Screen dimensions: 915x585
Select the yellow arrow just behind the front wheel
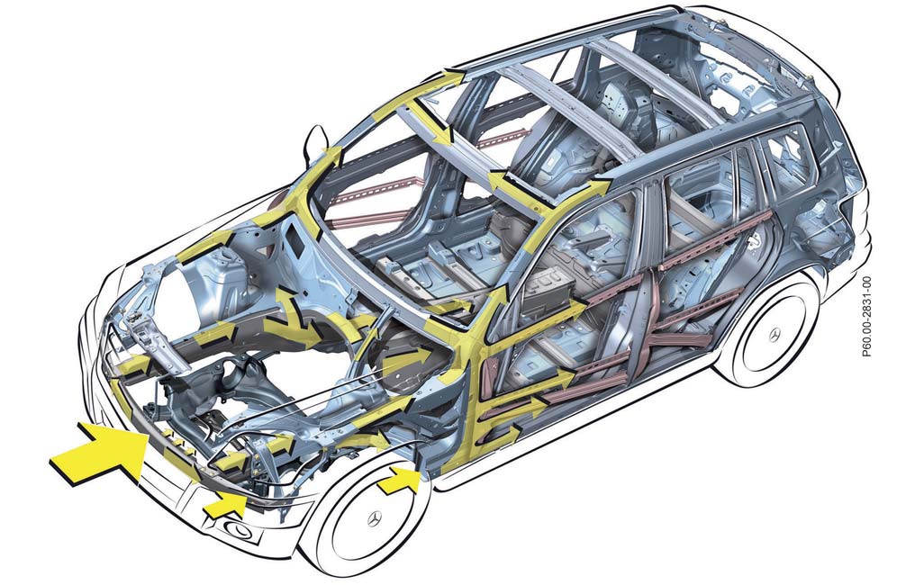click(x=399, y=481)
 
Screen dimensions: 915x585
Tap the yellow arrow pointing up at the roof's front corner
click(x=449, y=78)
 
